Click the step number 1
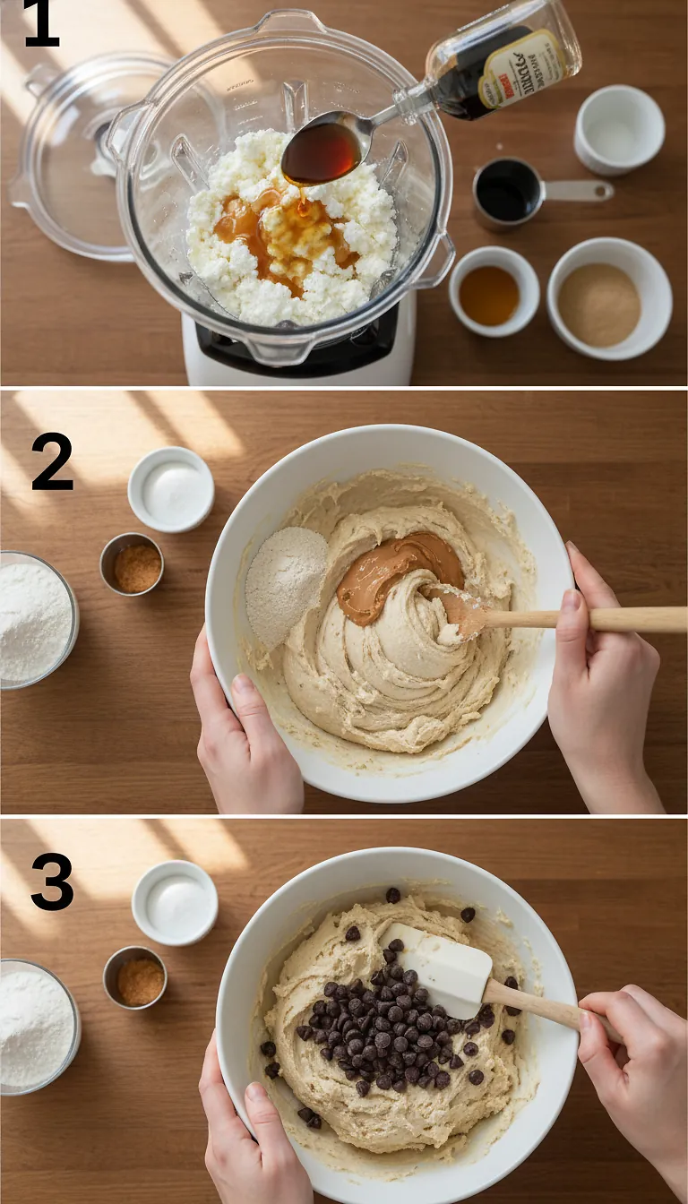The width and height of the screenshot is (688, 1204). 41,24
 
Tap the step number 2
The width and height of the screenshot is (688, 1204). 51,461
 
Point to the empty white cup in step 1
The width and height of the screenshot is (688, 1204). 619,129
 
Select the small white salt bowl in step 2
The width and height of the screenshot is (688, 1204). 170,489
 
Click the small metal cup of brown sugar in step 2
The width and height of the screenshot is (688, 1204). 132,563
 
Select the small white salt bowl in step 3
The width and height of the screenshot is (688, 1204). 175,902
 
